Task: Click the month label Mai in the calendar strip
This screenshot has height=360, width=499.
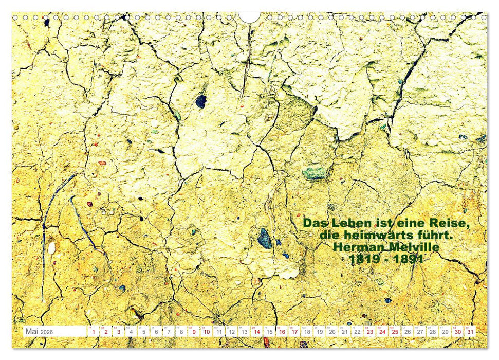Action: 32,332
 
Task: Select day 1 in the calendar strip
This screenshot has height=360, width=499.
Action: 94,332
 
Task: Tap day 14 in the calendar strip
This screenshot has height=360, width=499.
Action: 256,332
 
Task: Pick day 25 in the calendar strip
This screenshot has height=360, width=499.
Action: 395,332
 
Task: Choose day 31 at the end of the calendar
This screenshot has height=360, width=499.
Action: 470,332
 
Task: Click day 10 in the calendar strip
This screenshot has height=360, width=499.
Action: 206,332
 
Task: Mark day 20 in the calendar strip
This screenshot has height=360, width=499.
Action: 332,332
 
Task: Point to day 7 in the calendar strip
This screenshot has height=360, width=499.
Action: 169,332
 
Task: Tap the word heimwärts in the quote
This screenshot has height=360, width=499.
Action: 374,235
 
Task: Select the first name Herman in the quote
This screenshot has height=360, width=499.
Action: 357,247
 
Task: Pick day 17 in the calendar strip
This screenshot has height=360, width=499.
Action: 294,332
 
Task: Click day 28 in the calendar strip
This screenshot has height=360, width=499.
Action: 432,332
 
